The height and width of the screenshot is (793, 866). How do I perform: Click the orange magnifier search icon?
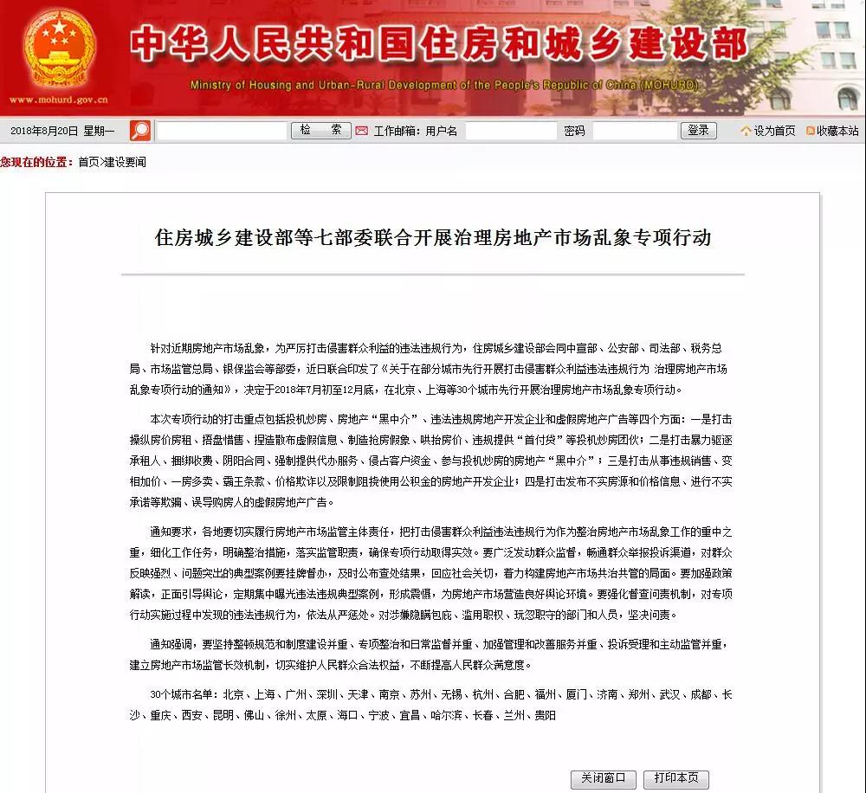(140, 131)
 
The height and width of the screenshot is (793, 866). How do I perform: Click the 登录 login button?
(699, 131)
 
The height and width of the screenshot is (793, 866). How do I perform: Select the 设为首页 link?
(768, 132)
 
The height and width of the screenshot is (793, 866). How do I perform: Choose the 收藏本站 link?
(832, 132)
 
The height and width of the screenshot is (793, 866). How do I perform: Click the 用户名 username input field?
(511, 132)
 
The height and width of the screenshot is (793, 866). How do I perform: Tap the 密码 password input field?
(634, 132)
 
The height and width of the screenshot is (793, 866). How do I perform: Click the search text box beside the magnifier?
(221, 132)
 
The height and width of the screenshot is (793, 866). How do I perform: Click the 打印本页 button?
(675, 778)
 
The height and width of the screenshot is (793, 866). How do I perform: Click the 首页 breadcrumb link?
(88, 162)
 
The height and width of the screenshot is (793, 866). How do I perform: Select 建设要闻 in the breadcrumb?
(126, 162)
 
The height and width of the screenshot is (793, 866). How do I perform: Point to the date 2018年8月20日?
(44, 132)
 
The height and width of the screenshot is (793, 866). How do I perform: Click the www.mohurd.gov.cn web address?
(58, 100)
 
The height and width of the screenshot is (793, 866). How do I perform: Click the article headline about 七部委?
(432, 238)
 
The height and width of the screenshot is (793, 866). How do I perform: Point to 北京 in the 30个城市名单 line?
(233, 694)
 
